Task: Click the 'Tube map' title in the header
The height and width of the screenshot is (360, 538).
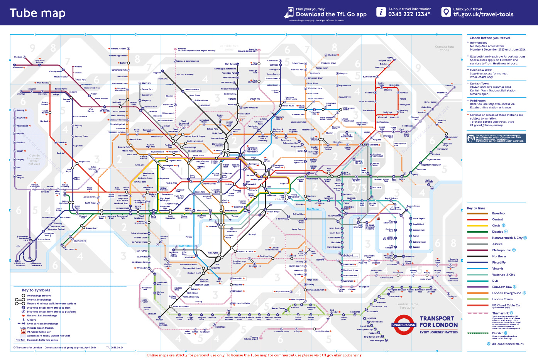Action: (37, 13)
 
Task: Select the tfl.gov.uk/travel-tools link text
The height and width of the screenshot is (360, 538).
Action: (483, 15)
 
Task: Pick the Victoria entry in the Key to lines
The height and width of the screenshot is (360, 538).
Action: (497, 269)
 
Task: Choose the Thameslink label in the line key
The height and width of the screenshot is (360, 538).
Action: (500, 313)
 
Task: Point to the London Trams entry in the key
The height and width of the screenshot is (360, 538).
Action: (502, 299)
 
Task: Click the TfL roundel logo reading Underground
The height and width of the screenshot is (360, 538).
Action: (404, 325)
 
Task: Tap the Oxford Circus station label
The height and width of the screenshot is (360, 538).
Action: (209, 184)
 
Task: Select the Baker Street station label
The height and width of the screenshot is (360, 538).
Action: (199, 155)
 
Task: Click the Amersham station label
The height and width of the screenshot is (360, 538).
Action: (18, 68)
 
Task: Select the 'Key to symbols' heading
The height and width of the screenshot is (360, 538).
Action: (36, 290)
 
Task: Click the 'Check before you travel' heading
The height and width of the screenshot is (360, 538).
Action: (490, 38)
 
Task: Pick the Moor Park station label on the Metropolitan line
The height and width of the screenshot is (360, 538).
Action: (81, 80)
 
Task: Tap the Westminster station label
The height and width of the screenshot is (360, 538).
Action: (202, 211)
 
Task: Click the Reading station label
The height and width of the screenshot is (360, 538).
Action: (20, 110)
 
